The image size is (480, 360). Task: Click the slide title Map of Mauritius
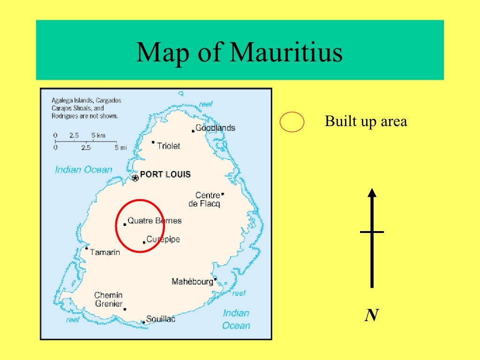[240, 52]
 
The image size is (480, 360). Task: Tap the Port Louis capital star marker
[135, 178]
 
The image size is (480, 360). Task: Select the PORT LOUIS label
[165, 174]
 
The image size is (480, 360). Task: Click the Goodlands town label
[215, 128]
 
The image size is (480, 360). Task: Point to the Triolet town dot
[153, 142]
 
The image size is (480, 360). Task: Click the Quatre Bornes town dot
[125, 225]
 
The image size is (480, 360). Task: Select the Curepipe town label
[163, 240]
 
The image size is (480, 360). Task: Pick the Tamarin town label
[105, 252]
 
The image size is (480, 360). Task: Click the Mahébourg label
[192, 282]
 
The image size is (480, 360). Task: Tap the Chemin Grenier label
[108, 300]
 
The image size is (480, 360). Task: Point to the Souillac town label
[161, 319]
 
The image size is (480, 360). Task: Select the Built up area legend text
[366, 122]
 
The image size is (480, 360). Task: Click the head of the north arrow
[372, 193]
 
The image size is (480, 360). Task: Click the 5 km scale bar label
[98, 135]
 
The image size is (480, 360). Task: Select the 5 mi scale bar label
[121, 147]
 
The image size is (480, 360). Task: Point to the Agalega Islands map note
[86, 108]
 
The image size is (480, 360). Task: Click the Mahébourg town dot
[215, 279]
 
